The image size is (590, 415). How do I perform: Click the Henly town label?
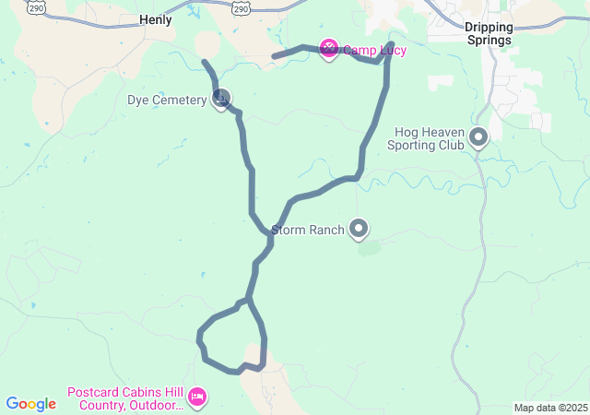click(155, 18)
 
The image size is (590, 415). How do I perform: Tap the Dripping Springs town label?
click(488, 33)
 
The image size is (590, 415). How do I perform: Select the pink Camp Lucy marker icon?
click(328, 48)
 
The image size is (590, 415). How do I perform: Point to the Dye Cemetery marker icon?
click(221, 99)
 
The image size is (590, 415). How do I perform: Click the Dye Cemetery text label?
click(167, 100)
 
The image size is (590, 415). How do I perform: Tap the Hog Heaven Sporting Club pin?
click(478, 137)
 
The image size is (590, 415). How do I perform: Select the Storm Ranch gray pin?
click(359, 229)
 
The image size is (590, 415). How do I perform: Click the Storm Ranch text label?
click(308, 230)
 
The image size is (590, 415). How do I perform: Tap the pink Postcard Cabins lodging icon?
click(196, 397)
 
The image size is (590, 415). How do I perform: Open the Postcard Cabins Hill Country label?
click(125, 398)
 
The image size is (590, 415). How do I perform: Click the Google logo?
click(30, 404)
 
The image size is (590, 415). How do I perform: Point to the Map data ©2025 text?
click(549, 408)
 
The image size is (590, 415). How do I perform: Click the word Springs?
click(488, 41)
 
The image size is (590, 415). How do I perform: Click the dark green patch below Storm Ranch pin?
click(369, 247)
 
